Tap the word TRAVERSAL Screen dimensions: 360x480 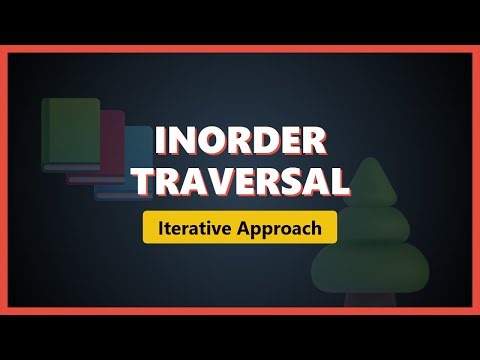[240, 182]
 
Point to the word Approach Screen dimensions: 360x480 [279, 228]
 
